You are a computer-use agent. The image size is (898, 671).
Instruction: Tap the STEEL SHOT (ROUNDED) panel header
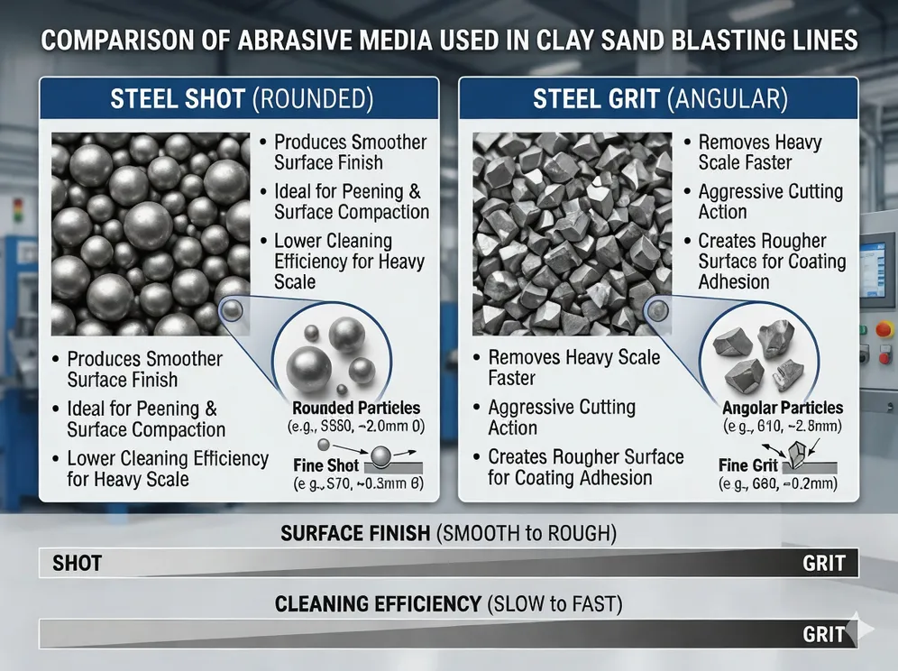(x=238, y=98)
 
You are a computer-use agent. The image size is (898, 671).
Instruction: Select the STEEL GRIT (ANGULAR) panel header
(x=661, y=98)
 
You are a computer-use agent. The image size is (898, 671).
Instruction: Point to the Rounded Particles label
(x=356, y=408)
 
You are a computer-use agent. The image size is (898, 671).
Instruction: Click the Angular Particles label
(x=783, y=408)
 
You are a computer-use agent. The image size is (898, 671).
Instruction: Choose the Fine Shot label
(x=325, y=465)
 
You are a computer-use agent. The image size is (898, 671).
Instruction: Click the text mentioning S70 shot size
(x=357, y=484)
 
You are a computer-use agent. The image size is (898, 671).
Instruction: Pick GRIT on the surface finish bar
(x=823, y=565)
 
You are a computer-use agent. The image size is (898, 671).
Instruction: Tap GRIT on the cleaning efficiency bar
(x=823, y=634)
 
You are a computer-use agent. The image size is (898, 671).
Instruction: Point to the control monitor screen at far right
(x=877, y=262)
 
